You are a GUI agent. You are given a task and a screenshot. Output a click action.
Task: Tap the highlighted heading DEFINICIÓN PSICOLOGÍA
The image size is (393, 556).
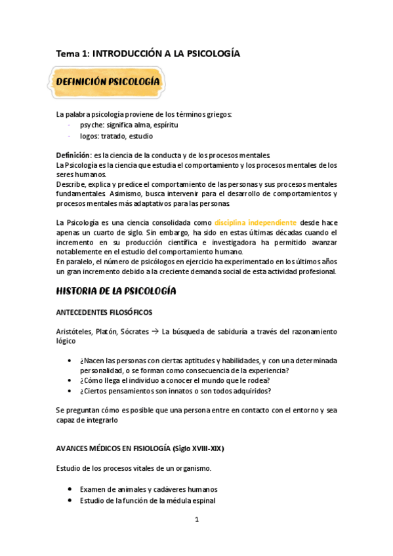click(108, 81)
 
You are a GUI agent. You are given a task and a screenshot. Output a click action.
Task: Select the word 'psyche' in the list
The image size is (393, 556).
click(93, 125)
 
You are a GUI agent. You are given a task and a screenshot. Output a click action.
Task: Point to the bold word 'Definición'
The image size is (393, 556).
click(73, 155)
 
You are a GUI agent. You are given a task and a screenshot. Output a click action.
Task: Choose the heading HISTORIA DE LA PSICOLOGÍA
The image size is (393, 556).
click(116, 290)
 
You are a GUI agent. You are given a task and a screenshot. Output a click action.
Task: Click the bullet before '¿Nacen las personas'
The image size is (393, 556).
click(70, 361)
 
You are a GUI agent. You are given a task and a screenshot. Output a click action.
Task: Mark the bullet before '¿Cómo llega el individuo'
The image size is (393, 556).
click(70, 380)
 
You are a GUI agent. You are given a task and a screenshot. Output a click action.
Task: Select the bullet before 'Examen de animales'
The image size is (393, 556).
click(70, 490)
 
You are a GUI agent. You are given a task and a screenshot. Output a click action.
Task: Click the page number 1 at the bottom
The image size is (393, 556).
click(196, 521)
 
